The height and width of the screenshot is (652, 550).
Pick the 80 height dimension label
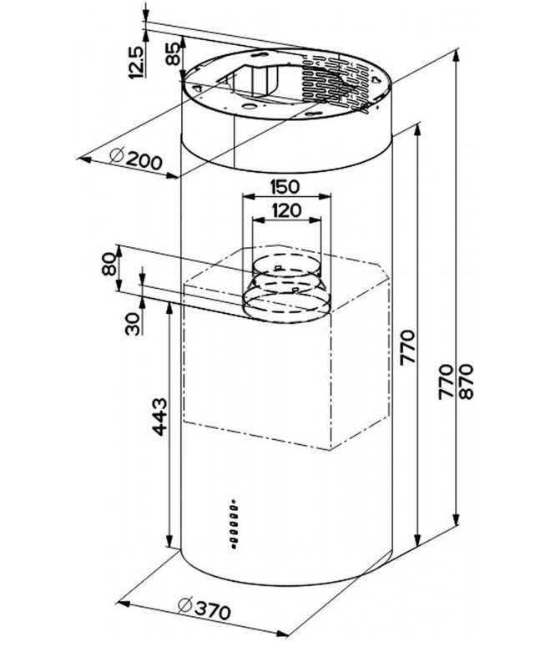[107, 268]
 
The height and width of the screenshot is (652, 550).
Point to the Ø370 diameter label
[203, 610]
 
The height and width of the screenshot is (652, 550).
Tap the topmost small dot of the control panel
[235, 504]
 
